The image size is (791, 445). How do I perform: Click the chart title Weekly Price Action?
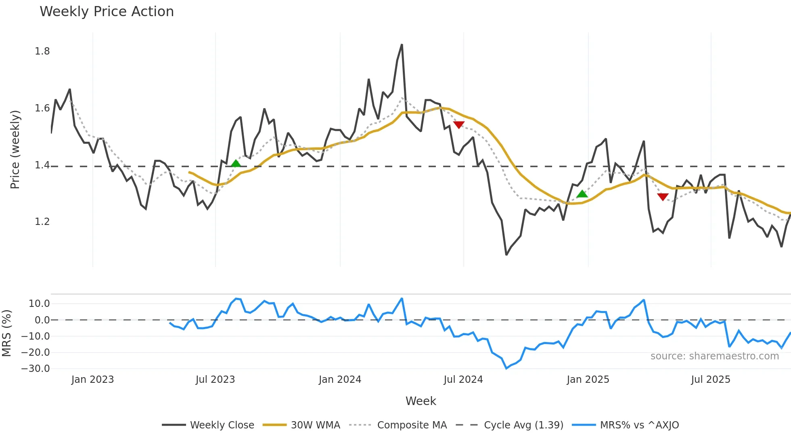coord(107,12)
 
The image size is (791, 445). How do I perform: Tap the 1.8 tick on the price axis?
coord(42,51)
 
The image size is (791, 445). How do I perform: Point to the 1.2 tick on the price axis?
coord(42,222)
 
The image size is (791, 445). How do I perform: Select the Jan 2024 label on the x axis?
coord(340,380)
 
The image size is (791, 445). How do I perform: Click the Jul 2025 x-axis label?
coord(710,380)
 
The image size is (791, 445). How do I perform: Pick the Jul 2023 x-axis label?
coord(215,380)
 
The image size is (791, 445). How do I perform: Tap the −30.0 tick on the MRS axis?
coord(36,369)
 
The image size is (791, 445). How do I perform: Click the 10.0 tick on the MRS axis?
coord(39,304)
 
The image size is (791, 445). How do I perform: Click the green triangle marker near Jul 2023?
coord(236,164)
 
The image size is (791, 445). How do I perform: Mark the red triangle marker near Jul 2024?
coord(459,125)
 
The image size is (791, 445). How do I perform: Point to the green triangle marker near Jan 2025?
coord(582,194)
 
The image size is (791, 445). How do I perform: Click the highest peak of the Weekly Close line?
coord(402,45)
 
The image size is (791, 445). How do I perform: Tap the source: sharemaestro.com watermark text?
coord(714,356)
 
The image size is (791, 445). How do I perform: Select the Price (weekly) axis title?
coord(15,149)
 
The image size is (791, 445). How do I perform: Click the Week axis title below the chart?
coord(421,401)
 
